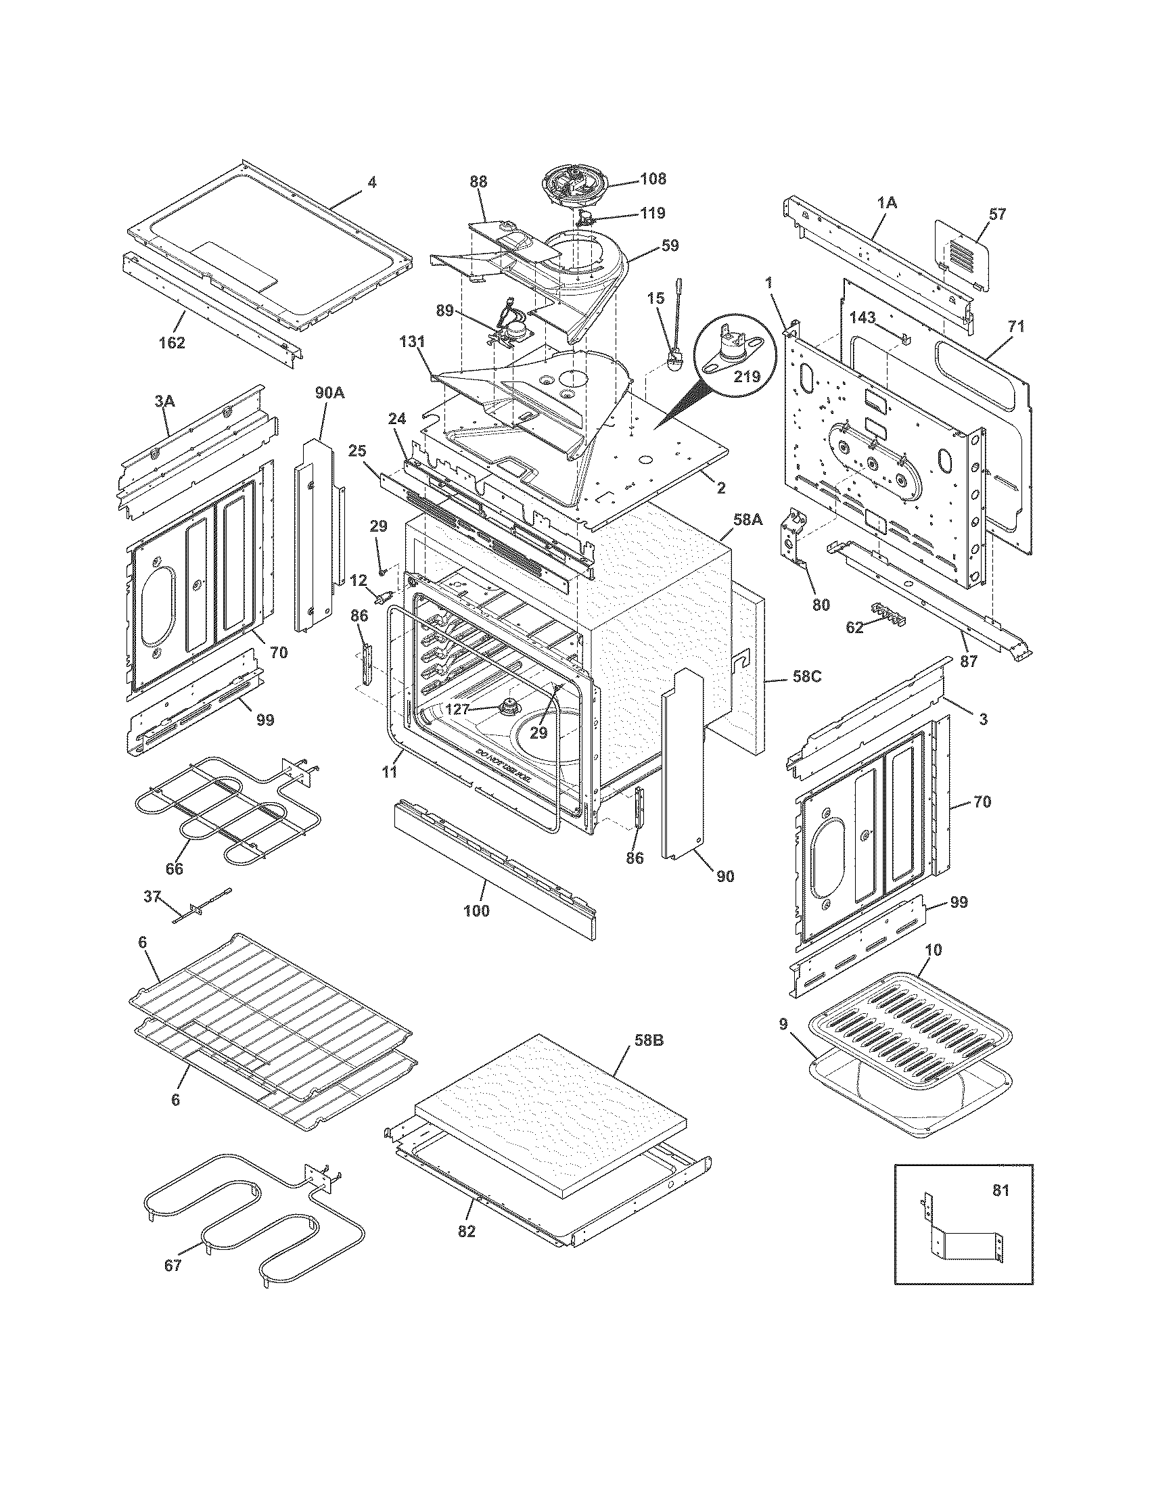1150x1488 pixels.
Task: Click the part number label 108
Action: tap(653, 179)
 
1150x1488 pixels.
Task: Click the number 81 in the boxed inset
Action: tap(1001, 1190)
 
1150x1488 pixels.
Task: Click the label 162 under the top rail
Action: tap(172, 343)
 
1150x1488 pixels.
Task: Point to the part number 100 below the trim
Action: tap(476, 910)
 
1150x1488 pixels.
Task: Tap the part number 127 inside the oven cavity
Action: tap(457, 710)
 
